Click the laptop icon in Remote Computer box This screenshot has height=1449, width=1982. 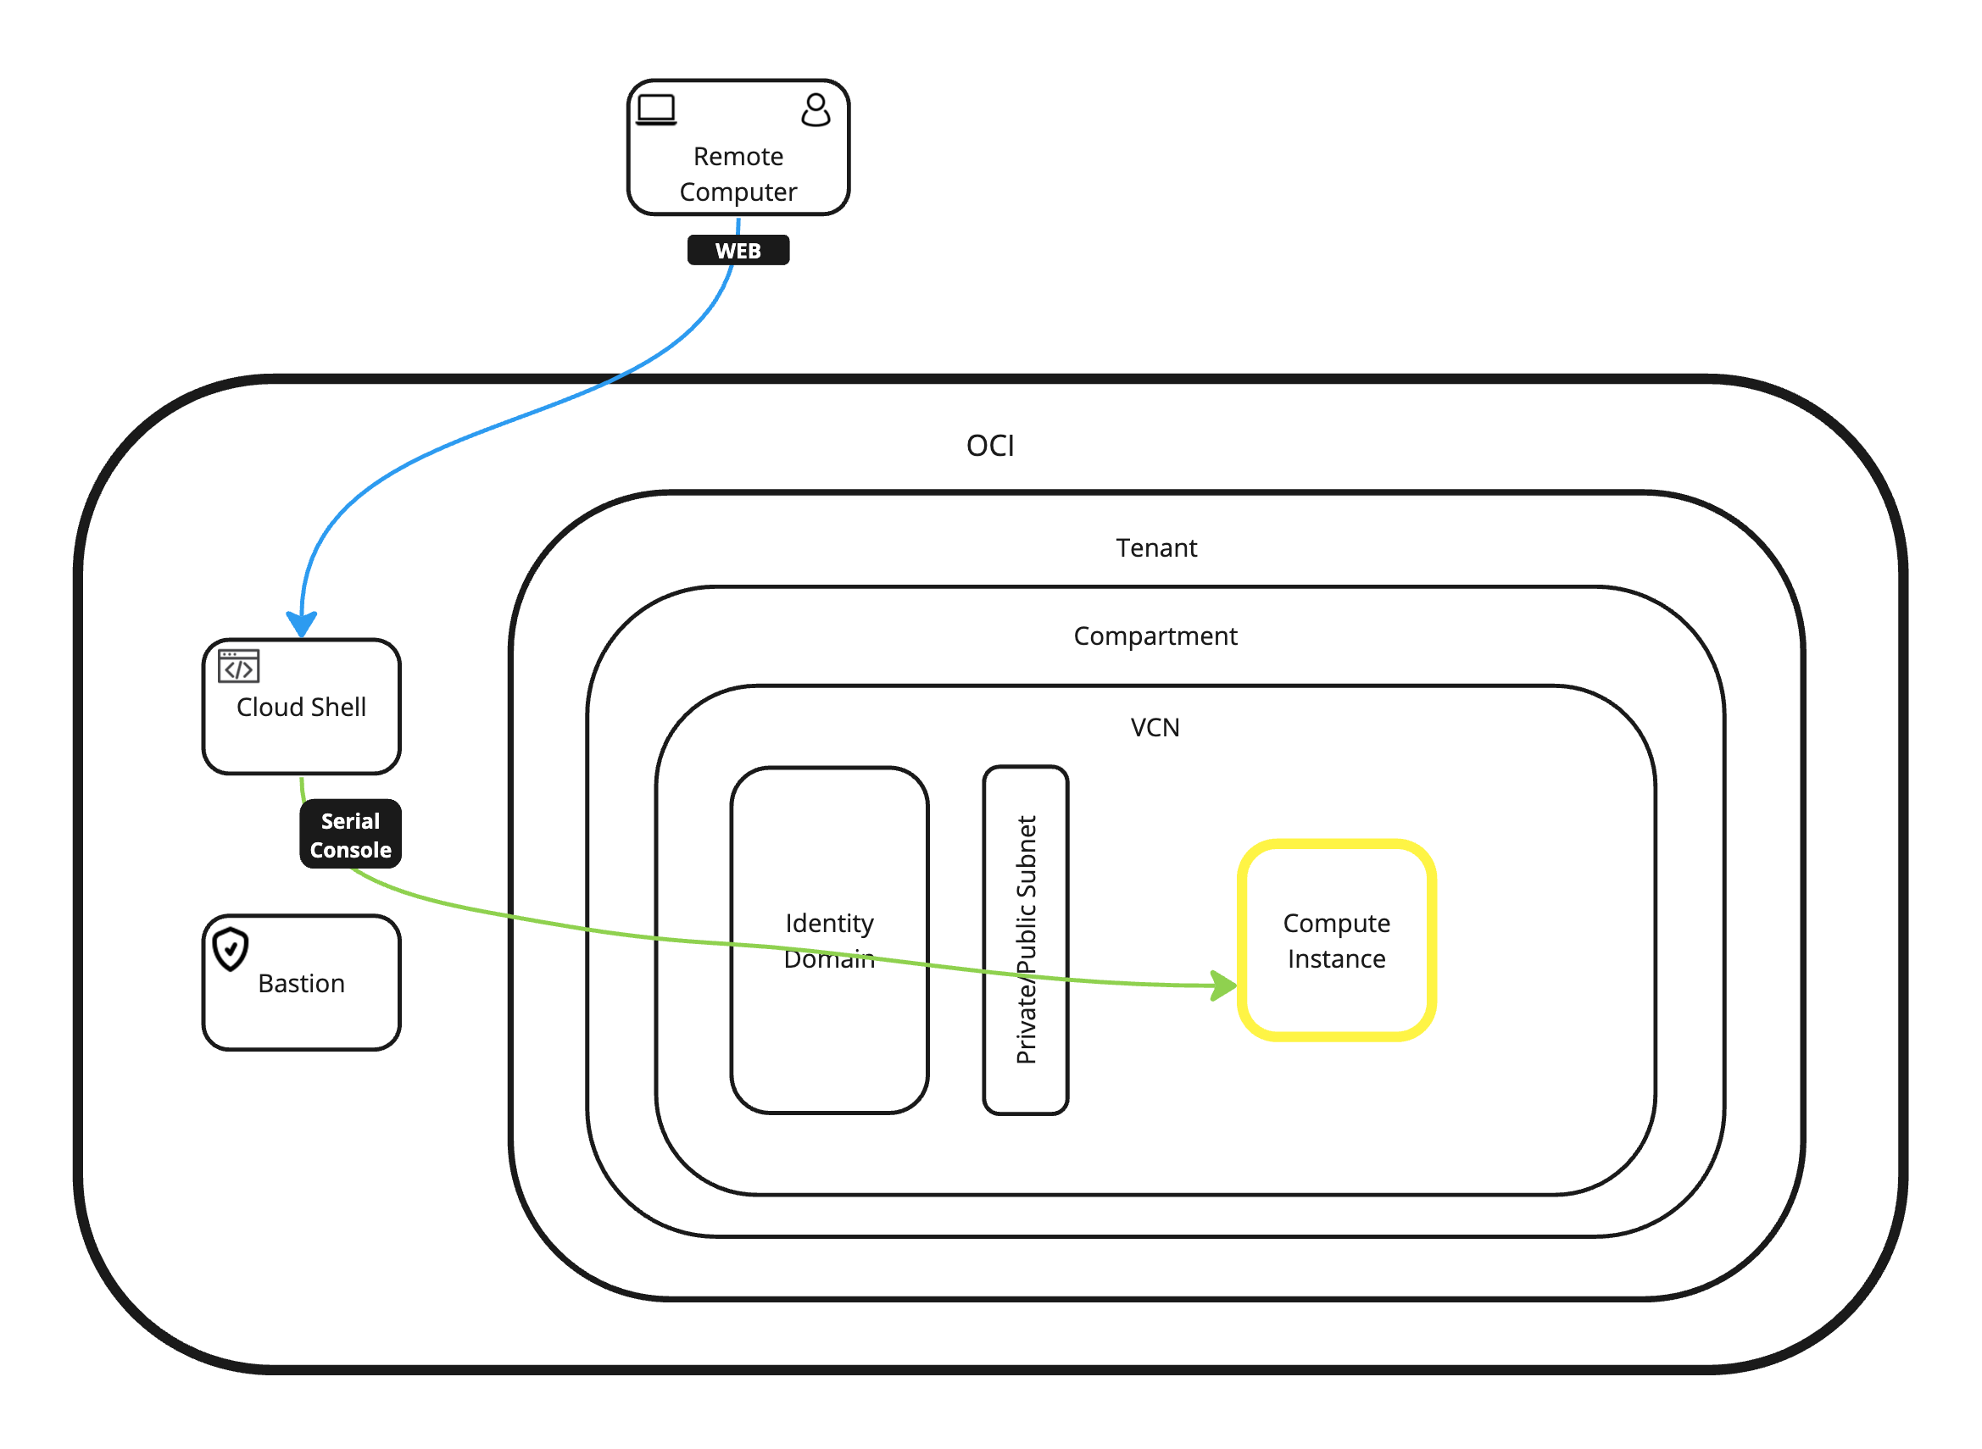click(656, 110)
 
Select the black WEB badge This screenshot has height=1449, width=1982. click(738, 251)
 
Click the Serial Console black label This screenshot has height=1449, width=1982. click(350, 835)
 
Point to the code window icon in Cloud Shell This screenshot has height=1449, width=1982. click(239, 667)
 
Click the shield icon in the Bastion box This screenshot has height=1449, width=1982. click(231, 950)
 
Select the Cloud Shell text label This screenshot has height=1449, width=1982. click(301, 708)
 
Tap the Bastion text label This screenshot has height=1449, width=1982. click(301, 984)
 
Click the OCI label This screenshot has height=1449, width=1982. click(989, 447)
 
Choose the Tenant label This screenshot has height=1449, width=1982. click(1155, 548)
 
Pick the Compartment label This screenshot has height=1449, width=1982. click(1155, 636)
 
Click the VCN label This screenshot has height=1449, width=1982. click(1155, 728)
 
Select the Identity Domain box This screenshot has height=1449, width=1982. click(829, 1035)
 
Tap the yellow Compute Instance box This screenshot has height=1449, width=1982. click(1335, 1008)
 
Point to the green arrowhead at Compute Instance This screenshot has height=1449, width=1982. click(1223, 985)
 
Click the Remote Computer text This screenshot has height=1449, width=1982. click(738, 175)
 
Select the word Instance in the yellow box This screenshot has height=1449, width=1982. click(1336, 959)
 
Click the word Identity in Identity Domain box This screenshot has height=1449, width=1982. click(829, 924)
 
